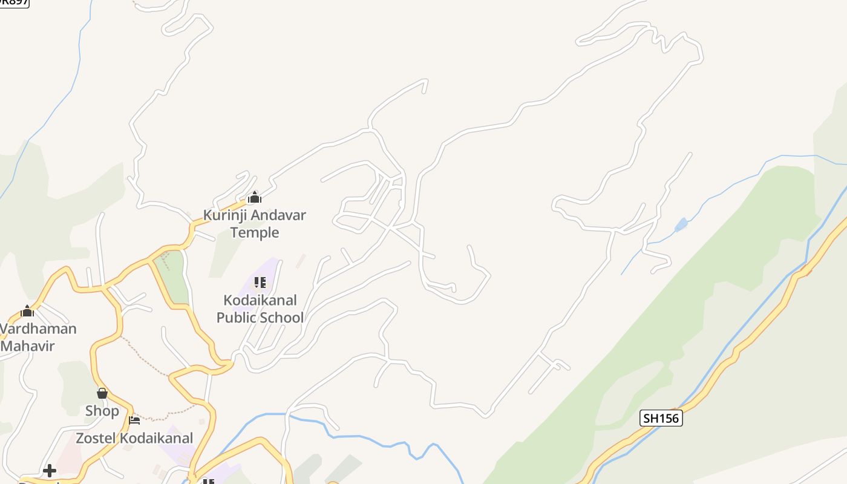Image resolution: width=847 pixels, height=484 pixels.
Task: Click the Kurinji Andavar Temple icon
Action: (x=255, y=197)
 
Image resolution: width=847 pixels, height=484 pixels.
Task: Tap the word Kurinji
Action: (x=224, y=215)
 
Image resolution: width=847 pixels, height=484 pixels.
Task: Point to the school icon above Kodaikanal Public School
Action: (x=260, y=283)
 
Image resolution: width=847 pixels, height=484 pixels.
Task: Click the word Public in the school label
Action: (x=237, y=318)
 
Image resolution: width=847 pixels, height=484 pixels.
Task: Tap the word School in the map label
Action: (x=282, y=318)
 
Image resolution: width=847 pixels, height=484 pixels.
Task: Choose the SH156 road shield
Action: (x=661, y=418)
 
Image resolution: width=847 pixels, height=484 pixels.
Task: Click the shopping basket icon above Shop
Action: (x=102, y=393)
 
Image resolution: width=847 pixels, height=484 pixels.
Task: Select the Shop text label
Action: (x=102, y=411)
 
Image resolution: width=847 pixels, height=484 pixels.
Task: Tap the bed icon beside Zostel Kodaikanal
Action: (x=134, y=420)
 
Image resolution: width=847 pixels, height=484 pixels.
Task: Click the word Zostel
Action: (x=95, y=438)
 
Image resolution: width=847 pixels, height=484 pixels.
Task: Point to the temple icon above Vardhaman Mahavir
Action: (x=27, y=312)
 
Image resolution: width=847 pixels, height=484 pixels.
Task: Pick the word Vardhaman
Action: (x=39, y=329)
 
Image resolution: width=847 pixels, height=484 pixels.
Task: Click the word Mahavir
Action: (x=28, y=346)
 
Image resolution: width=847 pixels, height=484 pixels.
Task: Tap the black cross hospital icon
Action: (x=50, y=470)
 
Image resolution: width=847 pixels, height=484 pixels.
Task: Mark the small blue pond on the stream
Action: (x=681, y=225)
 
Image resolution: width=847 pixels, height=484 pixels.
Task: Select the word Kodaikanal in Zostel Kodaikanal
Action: (x=156, y=438)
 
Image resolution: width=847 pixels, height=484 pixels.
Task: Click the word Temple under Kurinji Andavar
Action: (x=255, y=233)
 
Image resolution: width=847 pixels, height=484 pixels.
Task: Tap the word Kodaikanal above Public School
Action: (x=260, y=301)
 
